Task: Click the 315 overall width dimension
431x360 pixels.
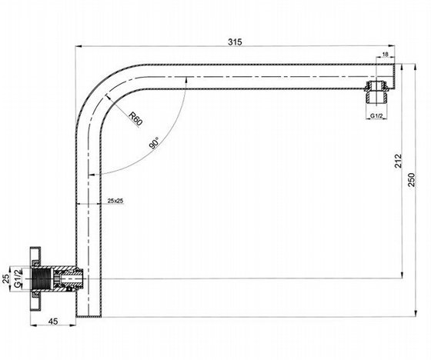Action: [235, 42]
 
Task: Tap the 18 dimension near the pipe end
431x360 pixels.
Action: [385, 54]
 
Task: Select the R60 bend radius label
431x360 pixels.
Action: [135, 118]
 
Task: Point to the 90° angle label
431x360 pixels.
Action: [154, 142]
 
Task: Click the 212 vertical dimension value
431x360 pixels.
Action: [398, 161]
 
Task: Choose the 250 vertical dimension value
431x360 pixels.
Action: [411, 180]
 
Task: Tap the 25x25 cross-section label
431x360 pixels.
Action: [115, 201]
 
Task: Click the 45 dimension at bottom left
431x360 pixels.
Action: [53, 321]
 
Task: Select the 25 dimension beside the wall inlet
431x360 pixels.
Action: [6, 278]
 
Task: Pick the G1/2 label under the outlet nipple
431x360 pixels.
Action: [376, 116]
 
